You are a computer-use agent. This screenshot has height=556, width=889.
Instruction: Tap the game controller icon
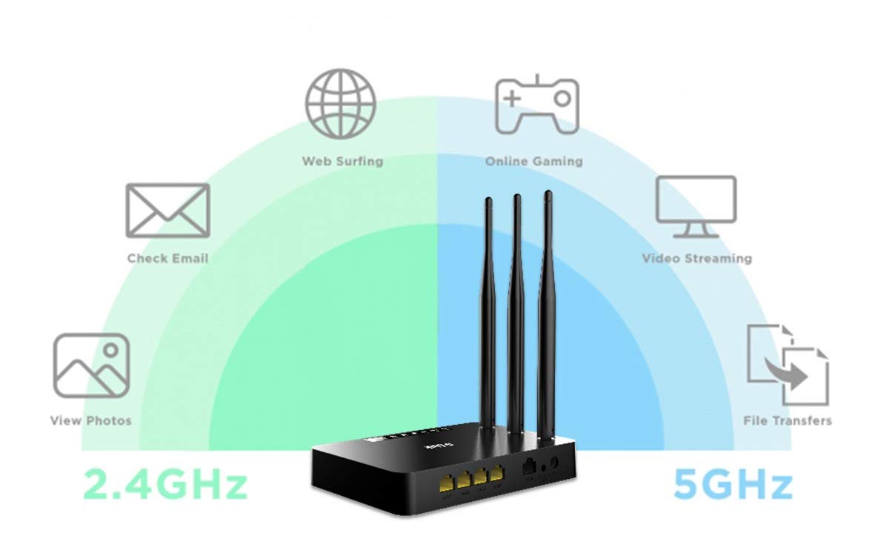(536, 104)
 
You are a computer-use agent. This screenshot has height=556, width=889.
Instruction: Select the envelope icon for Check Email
(167, 211)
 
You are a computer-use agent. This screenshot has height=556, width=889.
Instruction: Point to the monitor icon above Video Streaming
(696, 207)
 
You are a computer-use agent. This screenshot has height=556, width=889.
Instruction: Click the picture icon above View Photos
(91, 365)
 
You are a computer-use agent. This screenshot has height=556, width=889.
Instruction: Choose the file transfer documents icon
(787, 364)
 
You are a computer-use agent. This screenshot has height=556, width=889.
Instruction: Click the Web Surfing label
(342, 161)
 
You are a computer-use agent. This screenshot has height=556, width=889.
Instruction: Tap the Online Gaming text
(533, 161)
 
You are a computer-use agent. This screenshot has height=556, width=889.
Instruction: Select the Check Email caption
(167, 259)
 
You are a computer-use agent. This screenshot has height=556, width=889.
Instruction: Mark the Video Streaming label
(696, 259)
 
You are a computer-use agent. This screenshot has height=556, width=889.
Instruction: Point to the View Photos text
(90, 421)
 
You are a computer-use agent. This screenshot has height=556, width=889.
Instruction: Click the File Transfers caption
(787, 421)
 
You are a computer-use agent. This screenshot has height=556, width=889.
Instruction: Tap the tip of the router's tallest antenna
(547, 195)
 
